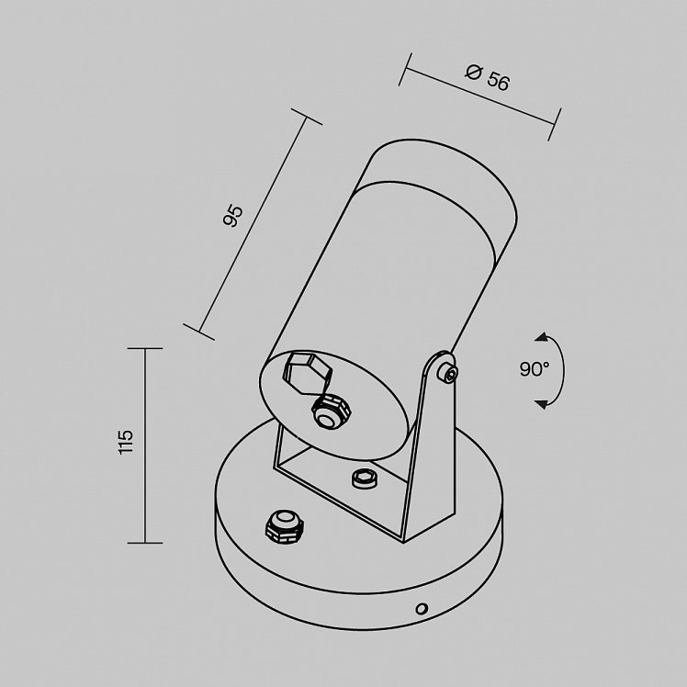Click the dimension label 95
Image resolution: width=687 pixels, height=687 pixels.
point(232,216)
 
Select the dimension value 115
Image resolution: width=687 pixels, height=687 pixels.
point(125,442)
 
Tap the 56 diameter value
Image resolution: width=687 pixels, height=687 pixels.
point(498,81)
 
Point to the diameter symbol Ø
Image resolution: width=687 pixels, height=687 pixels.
point(473,72)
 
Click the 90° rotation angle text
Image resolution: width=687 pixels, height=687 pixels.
point(535,369)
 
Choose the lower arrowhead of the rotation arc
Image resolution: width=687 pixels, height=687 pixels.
point(542,403)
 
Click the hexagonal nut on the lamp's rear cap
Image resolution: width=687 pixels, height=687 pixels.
point(308,372)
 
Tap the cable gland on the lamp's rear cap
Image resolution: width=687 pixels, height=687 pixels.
point(332,411)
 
